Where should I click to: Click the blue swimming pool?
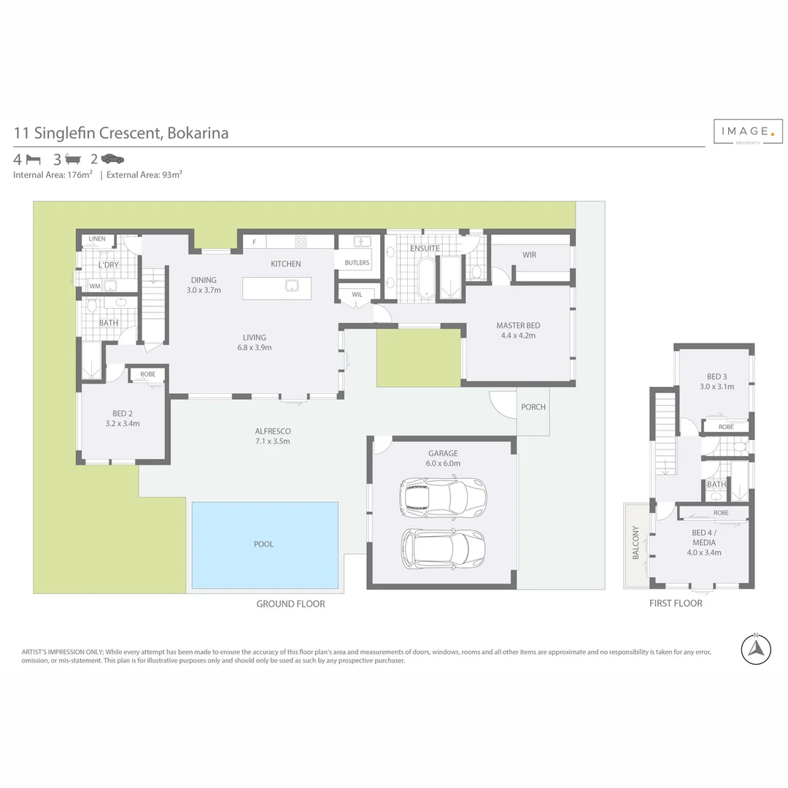point(265,544)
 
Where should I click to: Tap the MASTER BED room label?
point(517,325)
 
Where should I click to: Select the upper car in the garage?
point(442,496)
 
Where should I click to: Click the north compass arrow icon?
point(757,648)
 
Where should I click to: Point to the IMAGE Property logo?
point(747,132)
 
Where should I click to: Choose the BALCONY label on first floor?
point(636,542)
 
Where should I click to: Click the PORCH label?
point(533,407)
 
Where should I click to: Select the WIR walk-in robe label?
point(529,255)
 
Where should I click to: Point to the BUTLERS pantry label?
point(357,263)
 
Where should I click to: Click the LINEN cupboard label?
point(97,239)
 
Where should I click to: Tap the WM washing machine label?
point(95,286)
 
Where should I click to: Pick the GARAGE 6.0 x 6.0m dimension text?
point(443,463)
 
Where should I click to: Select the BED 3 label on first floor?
point(716,376)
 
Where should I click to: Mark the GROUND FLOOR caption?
point(290,603)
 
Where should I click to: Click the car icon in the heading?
point(112,158)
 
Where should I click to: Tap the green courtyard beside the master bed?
point(419,357)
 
